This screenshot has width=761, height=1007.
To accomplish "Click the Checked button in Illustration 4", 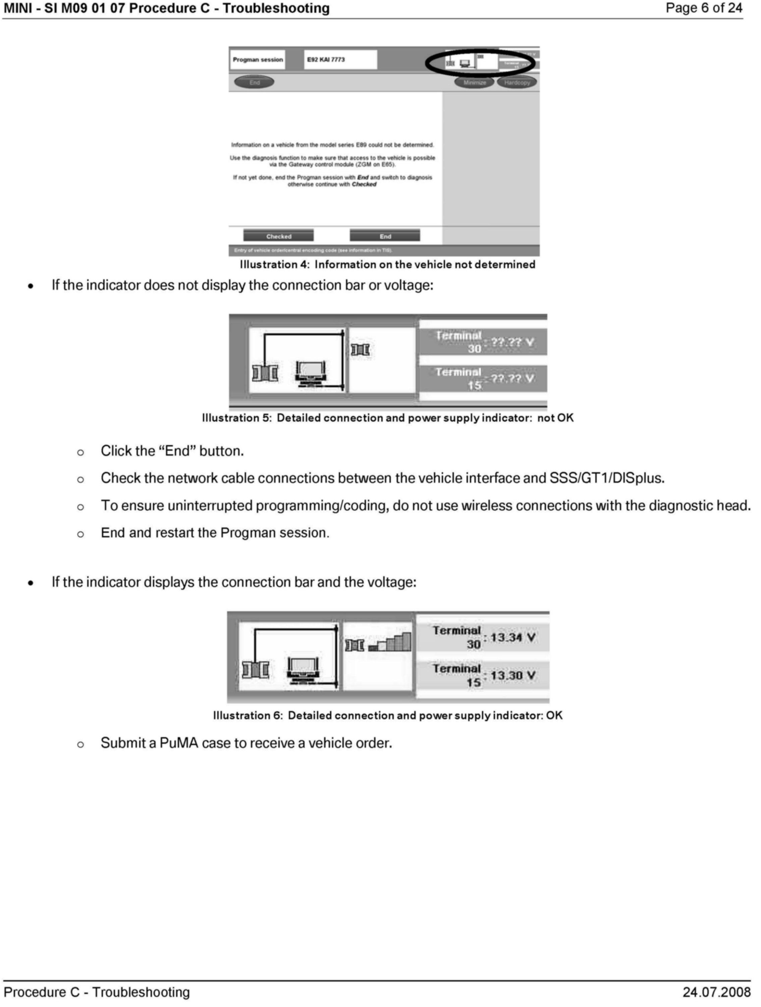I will point(278,236).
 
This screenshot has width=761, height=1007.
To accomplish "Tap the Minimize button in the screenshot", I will point(475,82).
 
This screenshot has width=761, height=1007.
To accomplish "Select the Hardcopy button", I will point(517,82).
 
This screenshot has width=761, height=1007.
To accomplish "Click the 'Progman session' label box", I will point(258,60).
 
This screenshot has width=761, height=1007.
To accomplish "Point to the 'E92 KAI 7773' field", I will point(340,60).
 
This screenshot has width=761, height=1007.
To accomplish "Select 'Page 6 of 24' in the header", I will point(704,8).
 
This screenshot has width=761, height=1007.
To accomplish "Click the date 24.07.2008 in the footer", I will point(716,993).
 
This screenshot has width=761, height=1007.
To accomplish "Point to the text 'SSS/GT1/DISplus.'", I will point(607,478).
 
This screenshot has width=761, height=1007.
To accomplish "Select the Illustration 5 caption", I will point(388,418).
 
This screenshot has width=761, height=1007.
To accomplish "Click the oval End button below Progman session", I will point(254,82).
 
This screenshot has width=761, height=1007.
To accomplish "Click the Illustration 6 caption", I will point(388,715).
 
